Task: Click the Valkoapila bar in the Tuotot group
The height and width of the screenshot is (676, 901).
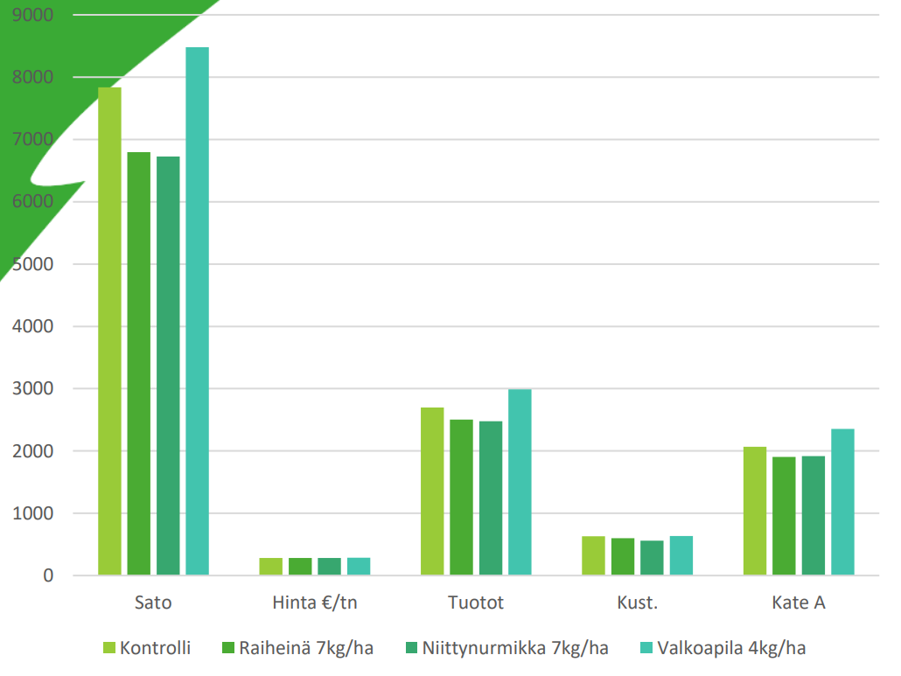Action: [520, 482]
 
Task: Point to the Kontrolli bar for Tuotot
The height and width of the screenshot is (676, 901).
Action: [432, 491]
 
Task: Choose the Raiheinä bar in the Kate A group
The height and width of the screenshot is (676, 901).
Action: [784, 515]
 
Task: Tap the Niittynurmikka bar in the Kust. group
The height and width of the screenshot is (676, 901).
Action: [652, 557]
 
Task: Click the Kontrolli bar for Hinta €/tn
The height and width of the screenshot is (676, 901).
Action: [270, 566]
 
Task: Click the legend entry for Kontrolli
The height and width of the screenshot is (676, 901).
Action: [146, 648]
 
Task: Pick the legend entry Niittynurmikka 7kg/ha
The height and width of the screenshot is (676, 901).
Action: [506, 648]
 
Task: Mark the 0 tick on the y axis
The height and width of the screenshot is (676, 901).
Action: [47, 575]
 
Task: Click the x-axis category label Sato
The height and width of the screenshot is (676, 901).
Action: [153, 603]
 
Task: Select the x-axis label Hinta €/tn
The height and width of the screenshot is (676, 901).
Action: [314, 603]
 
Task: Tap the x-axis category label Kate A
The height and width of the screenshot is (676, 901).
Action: [798, 603]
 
